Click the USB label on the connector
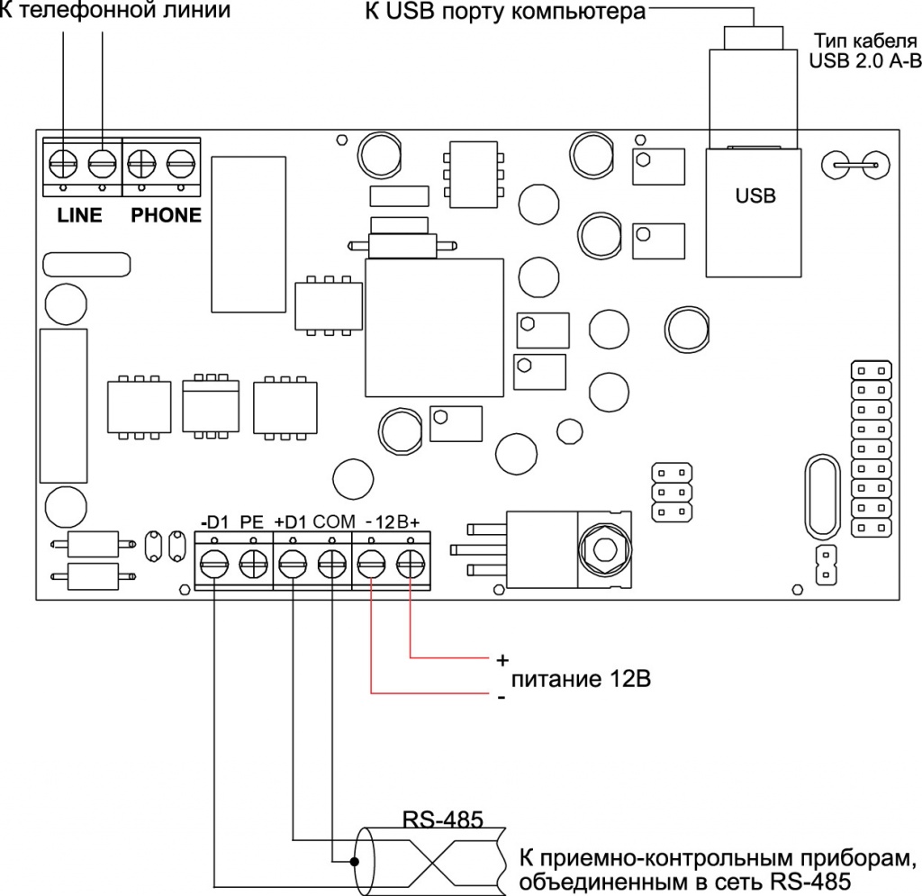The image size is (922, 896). (x=755, y=195)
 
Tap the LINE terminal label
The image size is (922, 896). (x=79, y=215)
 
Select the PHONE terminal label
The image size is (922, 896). (x=166, y=215)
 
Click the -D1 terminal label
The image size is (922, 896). (x=214, y=522)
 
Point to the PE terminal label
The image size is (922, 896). (x=252, y=522)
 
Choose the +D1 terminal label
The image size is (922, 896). (x=291, y=522)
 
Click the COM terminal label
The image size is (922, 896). (x=334, y=521)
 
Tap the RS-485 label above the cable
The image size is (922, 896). (x=443, y=819)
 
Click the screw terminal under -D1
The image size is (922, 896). (x=214, y=566)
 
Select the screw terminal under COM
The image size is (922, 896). (x=332, y=566)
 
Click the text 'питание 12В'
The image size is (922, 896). (x=581, y=679)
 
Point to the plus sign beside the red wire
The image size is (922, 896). (x=502, y=660)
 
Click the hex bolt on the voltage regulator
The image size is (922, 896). (x=604, y=549)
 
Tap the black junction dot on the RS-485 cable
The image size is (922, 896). (x=355, y=862)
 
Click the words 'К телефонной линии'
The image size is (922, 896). (x=115, y=10)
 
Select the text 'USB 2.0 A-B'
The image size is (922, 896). (x=865, y=60)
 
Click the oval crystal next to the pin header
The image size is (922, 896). (x=822, y=497)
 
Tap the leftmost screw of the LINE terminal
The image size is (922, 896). (x=63, y=163)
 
